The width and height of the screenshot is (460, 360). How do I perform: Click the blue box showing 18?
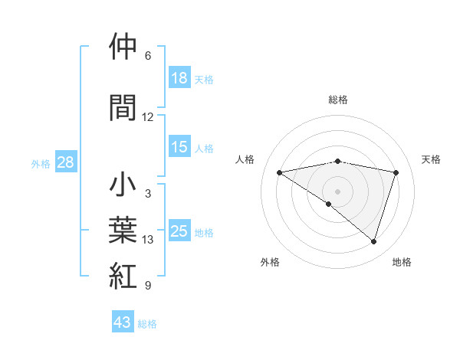[x=179, y=77]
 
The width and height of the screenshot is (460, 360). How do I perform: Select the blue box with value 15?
[x=179, y=147]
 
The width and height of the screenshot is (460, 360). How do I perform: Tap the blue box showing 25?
[x=179, y=231]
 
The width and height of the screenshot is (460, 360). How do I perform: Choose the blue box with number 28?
[x=65, y=162]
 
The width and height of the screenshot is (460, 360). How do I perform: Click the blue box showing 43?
[x=122, y=322]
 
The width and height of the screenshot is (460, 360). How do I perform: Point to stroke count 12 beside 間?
[x=148, y=117]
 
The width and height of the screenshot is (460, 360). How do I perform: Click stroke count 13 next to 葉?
[x=148, y=240]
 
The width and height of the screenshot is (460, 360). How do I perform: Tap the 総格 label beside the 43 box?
[x=147, y=324]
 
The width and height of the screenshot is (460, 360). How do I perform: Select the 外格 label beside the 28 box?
[x=41, y=164]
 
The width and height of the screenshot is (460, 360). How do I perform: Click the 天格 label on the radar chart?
[x=432, y=159]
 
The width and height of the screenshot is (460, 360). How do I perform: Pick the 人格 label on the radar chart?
[x=245, y=159]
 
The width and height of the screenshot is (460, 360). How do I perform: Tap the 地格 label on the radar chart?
[x=402, y=262]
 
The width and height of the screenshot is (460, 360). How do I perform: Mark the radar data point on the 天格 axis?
[x=396, y=172]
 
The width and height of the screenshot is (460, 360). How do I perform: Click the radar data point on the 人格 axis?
[x=280, y=172]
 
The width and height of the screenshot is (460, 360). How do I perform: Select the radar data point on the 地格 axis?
[x=373, y=242]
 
